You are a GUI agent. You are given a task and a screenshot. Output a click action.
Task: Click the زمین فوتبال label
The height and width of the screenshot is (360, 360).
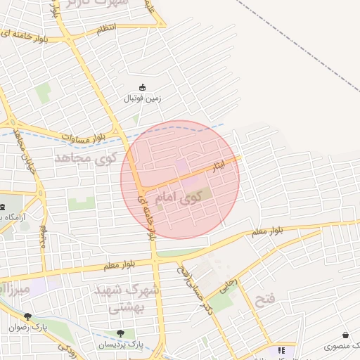click(x=143, y=98)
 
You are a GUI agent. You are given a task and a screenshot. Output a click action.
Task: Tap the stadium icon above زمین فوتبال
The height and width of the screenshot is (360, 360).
click(x=143, y=87)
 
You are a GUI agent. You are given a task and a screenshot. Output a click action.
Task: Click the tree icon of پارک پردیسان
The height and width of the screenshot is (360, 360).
click(x=120, y=333)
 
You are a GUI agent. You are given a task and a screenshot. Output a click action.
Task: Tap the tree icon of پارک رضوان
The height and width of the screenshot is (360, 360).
click(x=27, y=317)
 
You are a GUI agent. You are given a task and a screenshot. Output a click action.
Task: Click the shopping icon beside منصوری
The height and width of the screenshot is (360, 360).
click(x=345, y=335)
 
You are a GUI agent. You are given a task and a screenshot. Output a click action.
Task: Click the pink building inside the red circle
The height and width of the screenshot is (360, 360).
click(x=181, y=166)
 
